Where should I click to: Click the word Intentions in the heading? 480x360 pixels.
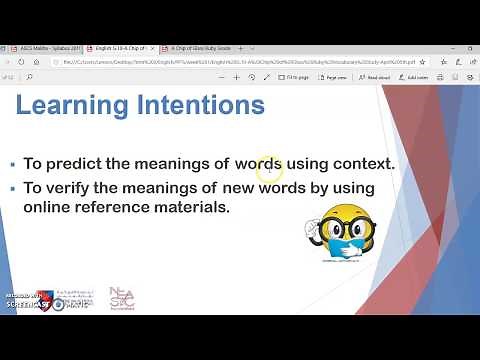click(197, 105)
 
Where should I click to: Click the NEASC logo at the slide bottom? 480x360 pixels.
click(122, 298)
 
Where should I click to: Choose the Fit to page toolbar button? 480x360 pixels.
click(296, 76)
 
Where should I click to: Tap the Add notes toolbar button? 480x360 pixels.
click(416, 76)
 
